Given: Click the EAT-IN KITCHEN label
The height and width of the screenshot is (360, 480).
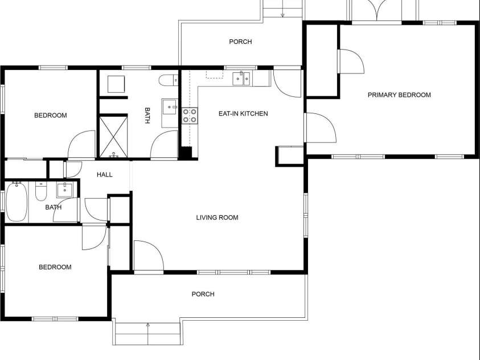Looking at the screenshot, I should pos(243,114).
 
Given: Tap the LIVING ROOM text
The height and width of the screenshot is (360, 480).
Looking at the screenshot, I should pos(217,218).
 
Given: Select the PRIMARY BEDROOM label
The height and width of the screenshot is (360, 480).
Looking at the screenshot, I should pos(399,95).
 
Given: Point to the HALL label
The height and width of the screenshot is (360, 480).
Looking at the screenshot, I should pos(104,175).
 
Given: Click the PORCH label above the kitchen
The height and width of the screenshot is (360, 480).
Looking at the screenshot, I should pos(240,42).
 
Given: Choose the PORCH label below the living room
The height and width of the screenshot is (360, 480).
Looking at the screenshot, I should pos(203,294).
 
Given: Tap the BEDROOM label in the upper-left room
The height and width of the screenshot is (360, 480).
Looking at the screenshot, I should pos(50,116).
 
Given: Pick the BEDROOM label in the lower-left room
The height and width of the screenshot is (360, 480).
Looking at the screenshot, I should pos(55,267).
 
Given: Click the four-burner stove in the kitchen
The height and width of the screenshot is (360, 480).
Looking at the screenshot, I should pos(190,116).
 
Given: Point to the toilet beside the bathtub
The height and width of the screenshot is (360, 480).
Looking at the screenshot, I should pos(41,192).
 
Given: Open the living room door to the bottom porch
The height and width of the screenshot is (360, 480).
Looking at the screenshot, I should pos(148,256).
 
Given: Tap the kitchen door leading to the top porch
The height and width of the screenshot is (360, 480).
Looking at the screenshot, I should pos(287,83).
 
